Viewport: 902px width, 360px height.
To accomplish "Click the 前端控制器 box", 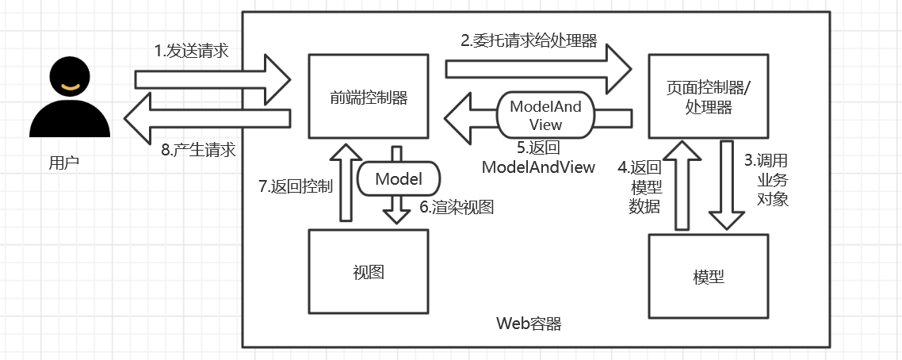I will tap(369, 97).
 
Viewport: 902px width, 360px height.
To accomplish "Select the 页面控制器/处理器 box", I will tap(708, 97).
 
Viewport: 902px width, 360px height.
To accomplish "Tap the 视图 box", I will tap(369, 271).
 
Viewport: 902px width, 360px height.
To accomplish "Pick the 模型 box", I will tap(708, 277).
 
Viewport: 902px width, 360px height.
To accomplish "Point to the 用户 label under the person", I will tap(65, 163).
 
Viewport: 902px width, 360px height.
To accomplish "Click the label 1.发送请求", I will tap(191, 52).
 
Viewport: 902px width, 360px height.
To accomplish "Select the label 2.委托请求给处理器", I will tap(529, 40).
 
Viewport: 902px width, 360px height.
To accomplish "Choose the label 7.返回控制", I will tap(296, 187).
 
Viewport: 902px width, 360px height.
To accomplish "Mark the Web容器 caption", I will tap(529, 324).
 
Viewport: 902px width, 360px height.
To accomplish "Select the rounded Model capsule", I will tap(399, 179).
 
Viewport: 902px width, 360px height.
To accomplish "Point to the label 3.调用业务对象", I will tap(766, 178).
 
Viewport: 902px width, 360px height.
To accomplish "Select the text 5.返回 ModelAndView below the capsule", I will tap(538, 157).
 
